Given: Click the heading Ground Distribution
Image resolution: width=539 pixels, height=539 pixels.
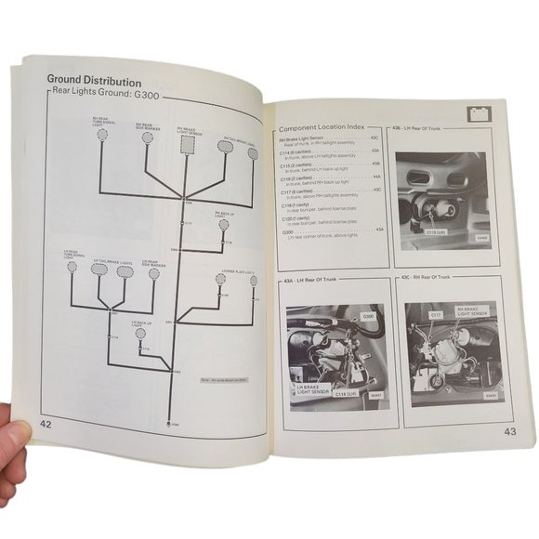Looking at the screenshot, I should [94, 81].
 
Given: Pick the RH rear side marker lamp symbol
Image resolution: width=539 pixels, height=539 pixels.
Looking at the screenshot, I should [147, 138].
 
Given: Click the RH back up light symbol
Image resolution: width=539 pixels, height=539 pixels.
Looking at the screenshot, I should [224, 224].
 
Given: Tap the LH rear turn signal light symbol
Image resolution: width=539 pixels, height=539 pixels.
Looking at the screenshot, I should [72, 267].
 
